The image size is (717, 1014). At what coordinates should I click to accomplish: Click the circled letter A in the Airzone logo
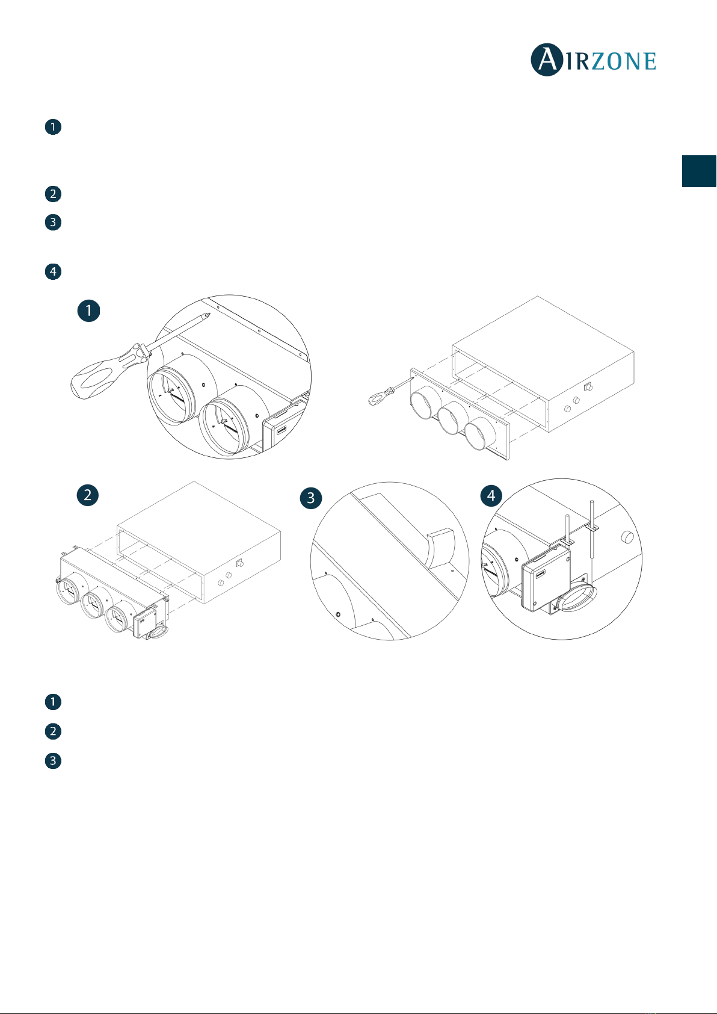[547, 60]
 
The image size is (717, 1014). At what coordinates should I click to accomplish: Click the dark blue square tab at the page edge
[699, 171]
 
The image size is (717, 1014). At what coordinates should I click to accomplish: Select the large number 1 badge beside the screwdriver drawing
[88, 311]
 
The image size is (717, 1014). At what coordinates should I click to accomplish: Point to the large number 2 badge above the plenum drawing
[88, 494]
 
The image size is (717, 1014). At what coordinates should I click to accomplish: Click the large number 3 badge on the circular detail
[311, 498]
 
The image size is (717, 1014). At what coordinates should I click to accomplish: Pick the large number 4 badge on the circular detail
[491, 495]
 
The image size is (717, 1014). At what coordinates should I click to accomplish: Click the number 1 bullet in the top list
[53, 127]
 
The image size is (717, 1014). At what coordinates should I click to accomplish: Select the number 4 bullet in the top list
[53, 271]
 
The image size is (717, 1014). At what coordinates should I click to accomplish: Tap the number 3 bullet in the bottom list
[53, 761]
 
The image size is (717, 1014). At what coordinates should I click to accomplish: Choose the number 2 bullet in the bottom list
[53, 731]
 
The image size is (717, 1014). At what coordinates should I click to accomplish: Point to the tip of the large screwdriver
[209, 314]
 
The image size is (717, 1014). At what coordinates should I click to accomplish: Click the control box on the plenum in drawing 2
[145, 622]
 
